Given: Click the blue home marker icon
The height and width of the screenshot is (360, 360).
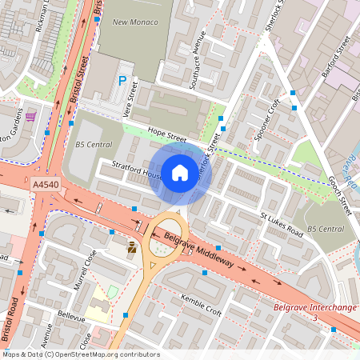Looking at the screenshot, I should click(180, 173).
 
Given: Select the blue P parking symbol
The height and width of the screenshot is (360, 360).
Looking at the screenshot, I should click(122, 81).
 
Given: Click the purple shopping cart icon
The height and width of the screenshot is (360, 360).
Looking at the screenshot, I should click(30, 117).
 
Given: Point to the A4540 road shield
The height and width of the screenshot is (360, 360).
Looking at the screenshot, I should click(46, 184).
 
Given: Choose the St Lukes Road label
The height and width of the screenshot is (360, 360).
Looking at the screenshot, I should click(282, 225).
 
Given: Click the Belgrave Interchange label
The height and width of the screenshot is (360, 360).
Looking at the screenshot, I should click(314, 307).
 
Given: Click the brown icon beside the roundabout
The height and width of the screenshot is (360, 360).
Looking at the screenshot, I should click(132, 248).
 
